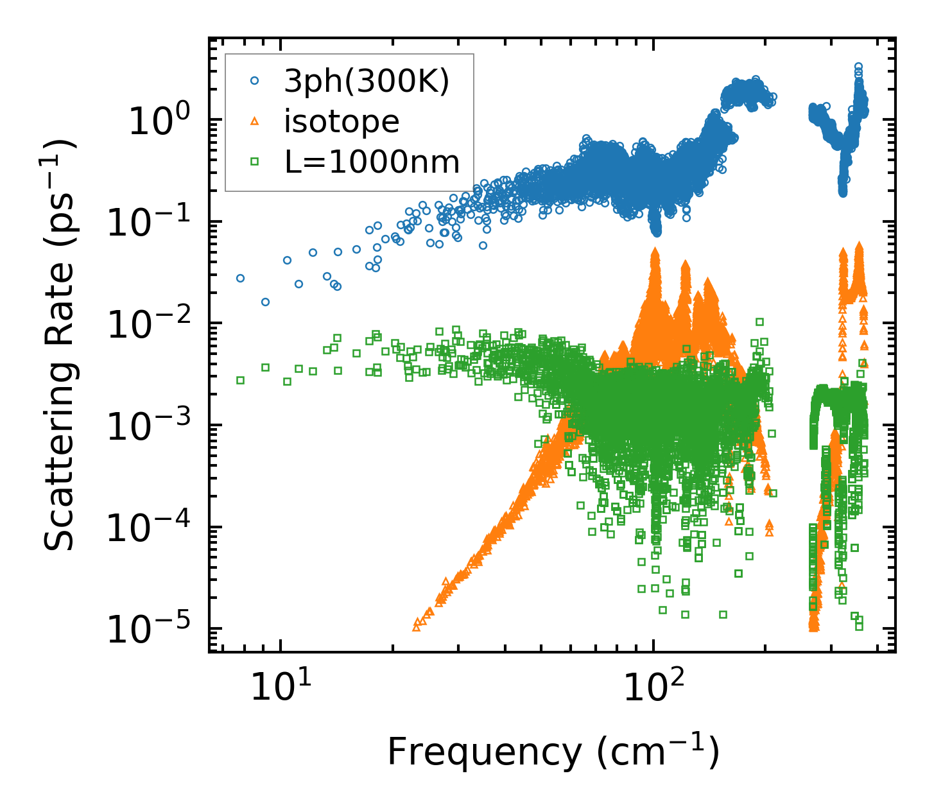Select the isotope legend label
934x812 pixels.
(342, 121)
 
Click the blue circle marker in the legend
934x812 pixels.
(255, 82)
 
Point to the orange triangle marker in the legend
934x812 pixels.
(255, 121)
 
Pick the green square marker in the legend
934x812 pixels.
(255, 162)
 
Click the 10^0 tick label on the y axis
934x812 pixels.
(158, 121)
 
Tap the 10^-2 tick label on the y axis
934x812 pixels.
(146, 325)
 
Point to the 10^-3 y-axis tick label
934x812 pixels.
(146, 427)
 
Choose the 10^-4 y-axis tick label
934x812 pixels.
(146, 528)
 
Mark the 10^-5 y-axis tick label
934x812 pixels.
(146, 630)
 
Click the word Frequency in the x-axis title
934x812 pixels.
(485, 752)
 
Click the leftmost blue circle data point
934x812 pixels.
(240, 278)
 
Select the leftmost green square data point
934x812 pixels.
(240, 380)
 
